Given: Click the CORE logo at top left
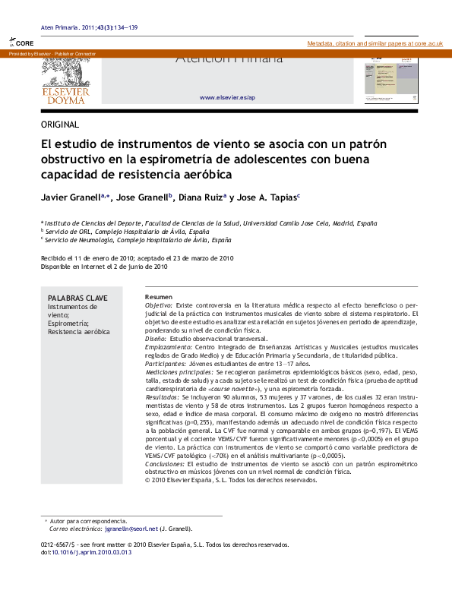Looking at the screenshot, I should tap(21, 44).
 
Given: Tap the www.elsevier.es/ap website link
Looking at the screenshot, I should tap(227, 98).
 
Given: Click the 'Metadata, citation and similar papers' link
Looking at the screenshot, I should tap(375, 44).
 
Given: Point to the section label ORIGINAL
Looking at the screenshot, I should tap(60, 125).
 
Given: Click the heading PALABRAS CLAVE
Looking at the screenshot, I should tap(77, 298).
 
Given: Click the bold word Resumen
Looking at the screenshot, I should tap(159, 296).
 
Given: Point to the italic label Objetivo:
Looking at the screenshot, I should tap(159, 305).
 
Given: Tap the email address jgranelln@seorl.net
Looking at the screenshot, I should tap(131, 528).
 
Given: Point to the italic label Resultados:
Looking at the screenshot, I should tap(163, 397).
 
